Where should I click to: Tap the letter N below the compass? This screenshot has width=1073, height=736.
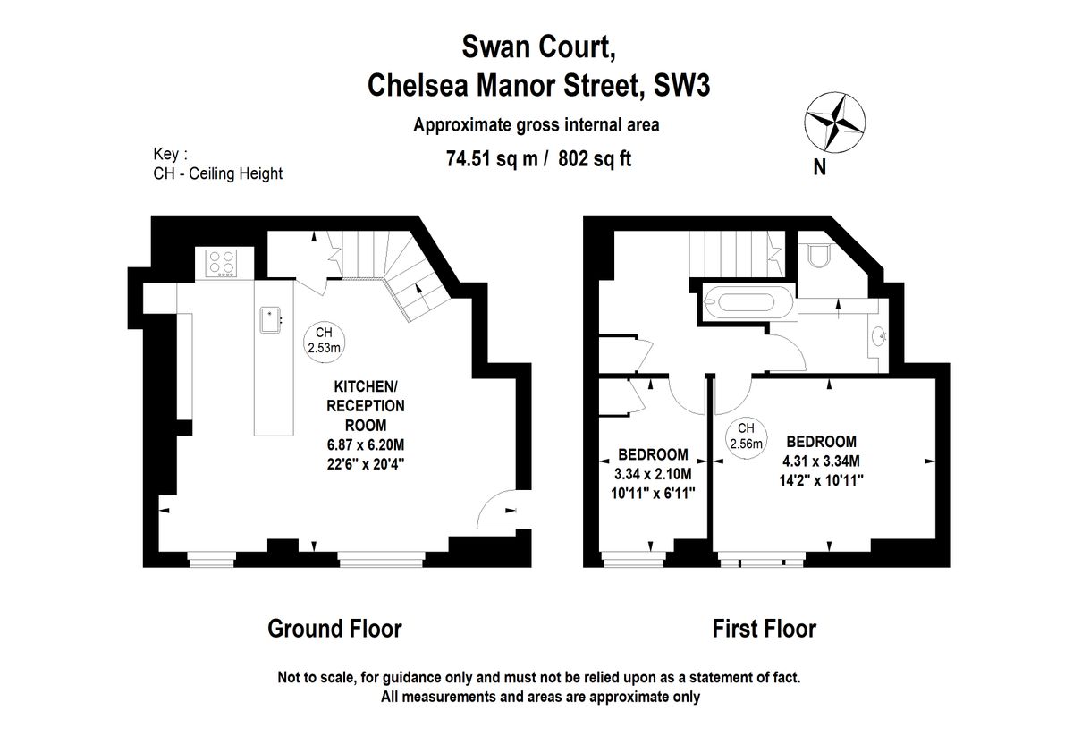click(x=819, y=166)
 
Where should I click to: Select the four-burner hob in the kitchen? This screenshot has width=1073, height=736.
click(x=224, y=263)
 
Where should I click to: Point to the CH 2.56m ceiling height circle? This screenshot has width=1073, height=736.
click(x=747, y=436)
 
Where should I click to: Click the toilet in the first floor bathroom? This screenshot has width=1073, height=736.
click(x=816, y=258)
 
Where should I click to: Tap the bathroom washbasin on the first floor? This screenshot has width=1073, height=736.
click(x=880, y=337)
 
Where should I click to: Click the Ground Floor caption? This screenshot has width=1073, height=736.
click(x=334, y=629)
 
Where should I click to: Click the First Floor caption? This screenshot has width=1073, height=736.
click(x=764, y=629)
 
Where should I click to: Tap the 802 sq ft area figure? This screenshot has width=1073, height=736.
click(x=595, y=160)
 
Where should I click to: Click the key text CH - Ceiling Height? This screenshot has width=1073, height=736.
click(x=217, y=173)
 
